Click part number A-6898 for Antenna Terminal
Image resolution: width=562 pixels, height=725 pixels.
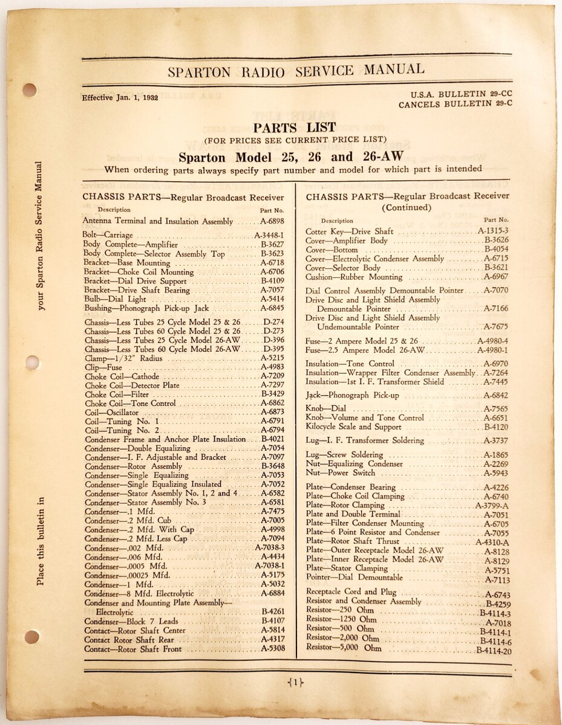pos(272,222)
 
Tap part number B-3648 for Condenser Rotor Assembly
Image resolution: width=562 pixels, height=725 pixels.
pos(273,466)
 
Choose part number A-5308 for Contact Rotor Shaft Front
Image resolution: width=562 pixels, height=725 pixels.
pos(273,649)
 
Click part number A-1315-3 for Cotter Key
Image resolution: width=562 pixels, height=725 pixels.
pos(493,231)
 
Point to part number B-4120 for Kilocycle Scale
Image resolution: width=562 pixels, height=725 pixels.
pos(496,427)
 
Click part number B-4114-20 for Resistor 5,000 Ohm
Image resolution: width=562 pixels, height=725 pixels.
pos(494,651)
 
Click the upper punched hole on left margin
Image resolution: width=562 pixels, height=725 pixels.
pos(30,90)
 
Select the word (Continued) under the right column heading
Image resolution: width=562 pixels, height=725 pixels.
pos(407,208)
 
